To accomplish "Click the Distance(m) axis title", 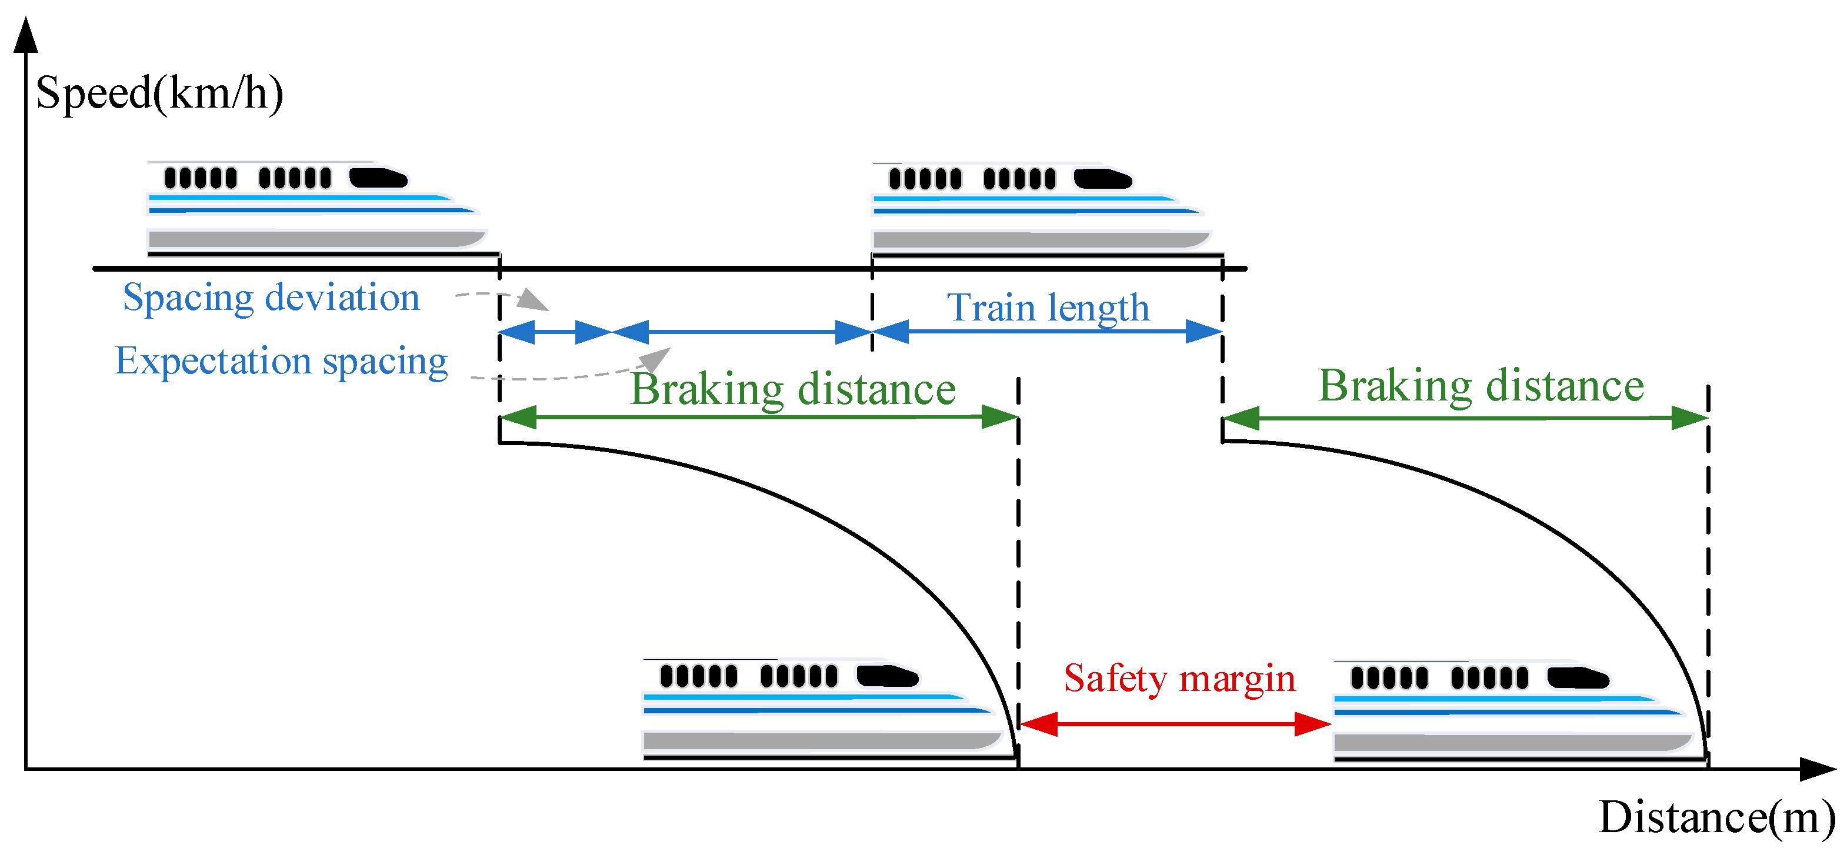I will (1716, 817).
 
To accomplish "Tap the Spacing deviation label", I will (271, 298).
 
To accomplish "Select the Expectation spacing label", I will (281, 360).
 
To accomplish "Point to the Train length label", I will (1048, 308).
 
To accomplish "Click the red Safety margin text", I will (1179, 678).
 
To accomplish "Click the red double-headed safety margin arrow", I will (1175, 724).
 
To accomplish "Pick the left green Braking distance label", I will (793, 389).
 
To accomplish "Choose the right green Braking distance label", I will (1481, 386).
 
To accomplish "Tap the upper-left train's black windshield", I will (378, 177).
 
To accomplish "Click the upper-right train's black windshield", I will (1102, 178).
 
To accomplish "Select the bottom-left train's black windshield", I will (887, 676).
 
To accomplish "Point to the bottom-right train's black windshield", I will (1578, 677).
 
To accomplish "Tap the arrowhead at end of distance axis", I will (1817, 770).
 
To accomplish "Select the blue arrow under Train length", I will (1048, 332).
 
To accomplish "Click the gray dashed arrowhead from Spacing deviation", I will (533, 299).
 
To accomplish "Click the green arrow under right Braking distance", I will (1465, 418).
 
